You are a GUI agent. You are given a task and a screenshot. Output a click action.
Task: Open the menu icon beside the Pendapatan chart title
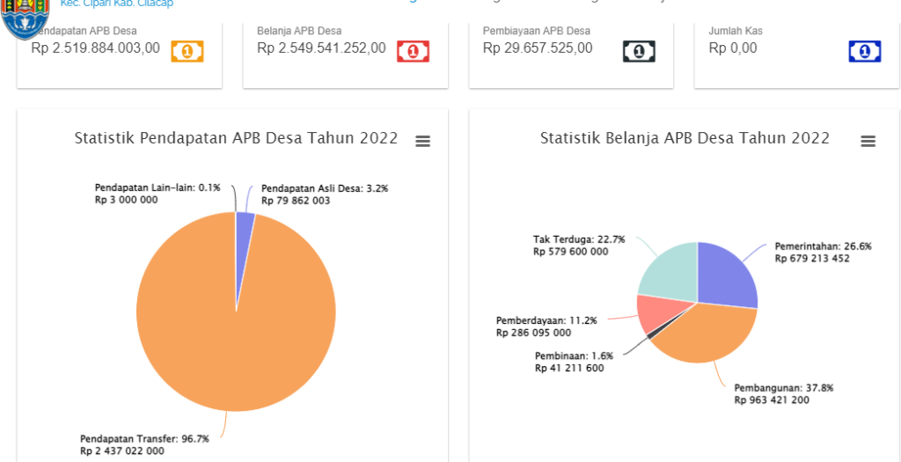point(423,141)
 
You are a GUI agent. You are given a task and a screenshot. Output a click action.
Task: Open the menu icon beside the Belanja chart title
point(868,141)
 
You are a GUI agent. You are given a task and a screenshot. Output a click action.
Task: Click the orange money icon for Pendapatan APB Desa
point(187,51)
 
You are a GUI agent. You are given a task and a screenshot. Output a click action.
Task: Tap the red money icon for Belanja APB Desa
point(413,51)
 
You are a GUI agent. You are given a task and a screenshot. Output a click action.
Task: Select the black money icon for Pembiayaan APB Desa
point(639,51)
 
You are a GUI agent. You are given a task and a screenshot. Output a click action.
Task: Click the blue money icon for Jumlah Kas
point(864,51)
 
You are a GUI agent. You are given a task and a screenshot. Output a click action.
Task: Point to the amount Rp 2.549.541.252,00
point(321,48)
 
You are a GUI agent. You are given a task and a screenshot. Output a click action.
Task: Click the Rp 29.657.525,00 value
point(538,48)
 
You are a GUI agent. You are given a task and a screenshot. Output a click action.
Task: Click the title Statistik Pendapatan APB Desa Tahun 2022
point(236,138)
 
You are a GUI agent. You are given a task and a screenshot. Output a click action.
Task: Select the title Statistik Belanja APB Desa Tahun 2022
point(685,138)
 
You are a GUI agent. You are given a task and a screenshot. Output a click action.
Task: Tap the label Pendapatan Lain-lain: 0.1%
point(157,187)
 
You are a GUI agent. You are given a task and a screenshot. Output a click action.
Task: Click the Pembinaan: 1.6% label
point(573,356)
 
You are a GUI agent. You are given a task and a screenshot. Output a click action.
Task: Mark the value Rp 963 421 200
point(772,400)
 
